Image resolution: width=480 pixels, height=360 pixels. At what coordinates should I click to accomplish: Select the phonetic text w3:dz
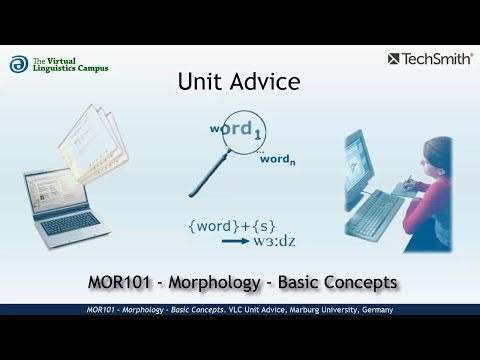click(271, 240)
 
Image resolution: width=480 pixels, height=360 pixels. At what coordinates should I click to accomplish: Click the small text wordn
click(275, 158)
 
